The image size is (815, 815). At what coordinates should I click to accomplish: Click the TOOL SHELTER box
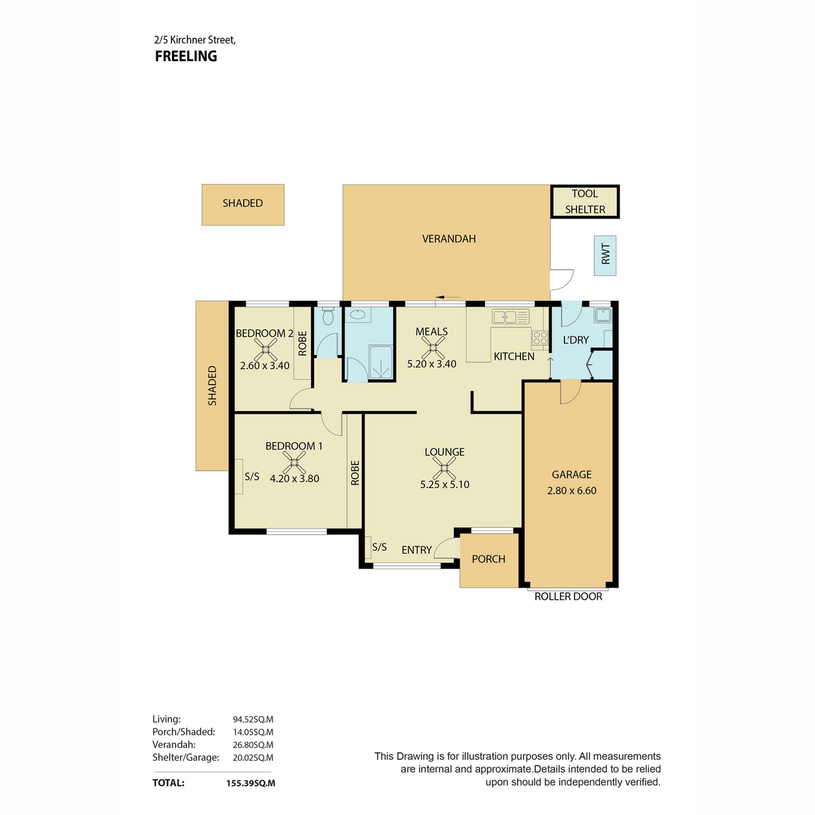pyautogui.click(x=585, y=201)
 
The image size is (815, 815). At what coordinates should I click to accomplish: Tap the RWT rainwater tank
pyautogui.click(x=605, y=255)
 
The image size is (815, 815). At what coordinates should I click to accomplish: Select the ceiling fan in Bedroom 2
pyautogui.click(x=266, y=349)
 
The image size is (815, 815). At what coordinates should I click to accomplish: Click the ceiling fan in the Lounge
pyautogui.click(x=444, y=468)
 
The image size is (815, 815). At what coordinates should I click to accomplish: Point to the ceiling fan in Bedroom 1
pyautogui.click(x=294, y=463)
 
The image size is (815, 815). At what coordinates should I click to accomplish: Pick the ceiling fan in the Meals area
pyautogui.click(x=432, y=348)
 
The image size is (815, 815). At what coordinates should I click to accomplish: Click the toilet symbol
pyautogui.click(x=328, y=316)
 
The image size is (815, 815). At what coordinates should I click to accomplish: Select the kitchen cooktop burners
pyautogui.click(x=540, y=338)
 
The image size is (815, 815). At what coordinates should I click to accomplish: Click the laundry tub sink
pyautogui.click(x=602, y=315)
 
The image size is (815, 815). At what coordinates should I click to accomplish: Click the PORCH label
pyautogui.click(x=488, y=559)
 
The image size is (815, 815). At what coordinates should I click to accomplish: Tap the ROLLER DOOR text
pyautogui.click(x=568, y=596)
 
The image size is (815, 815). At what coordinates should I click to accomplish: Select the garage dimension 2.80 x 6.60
pyautogui.click(x=571, y=490)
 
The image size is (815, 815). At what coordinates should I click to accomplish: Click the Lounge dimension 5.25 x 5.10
pyautogui.click(x=444, y=485)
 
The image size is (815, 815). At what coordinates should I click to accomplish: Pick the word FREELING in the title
pyautogui.click(x=186, y=56)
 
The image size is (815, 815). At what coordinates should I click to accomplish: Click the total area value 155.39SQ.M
pyautogui.click(x=251, y=783)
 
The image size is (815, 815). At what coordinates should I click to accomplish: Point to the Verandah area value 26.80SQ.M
pyautogui.click(x=253, y=745)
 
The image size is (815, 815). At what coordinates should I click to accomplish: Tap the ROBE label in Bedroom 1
pyautogui.click(x=355, y=473)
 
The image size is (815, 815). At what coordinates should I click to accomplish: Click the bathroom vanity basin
pyautogui.click(x=358, y=314)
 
